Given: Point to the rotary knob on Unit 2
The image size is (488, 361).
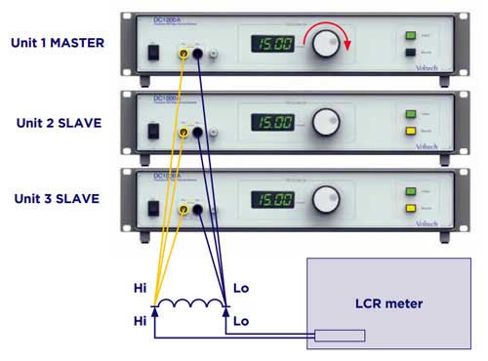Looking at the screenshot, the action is pos(325,122).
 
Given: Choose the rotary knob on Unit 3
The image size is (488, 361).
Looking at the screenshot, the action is pos(325,199).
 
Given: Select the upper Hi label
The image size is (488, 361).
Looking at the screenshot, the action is pos(142,290).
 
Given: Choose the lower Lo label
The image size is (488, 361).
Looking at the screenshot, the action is pos(241,319).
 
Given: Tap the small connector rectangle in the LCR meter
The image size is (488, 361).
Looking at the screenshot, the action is pos(337,336).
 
